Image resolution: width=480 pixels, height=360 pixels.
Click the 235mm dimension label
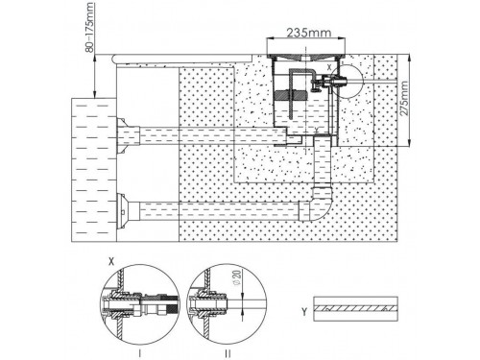tap(308, 33)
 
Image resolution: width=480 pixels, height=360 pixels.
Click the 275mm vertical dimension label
tap(404, 98)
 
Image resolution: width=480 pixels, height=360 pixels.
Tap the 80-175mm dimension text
tap(89, 27)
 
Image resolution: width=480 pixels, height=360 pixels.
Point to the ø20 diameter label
tap(236, 277)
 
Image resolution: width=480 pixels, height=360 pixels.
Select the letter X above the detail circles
tap(111, 261)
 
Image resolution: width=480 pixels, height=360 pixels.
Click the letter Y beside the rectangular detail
tap(304, 311)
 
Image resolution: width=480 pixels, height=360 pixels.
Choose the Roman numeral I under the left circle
tap(139, 353)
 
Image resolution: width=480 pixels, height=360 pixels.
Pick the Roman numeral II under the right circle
tap(228, 353)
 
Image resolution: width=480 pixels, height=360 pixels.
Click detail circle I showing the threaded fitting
tap(140, 304)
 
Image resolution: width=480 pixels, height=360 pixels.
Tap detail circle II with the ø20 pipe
tap(227, 304)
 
